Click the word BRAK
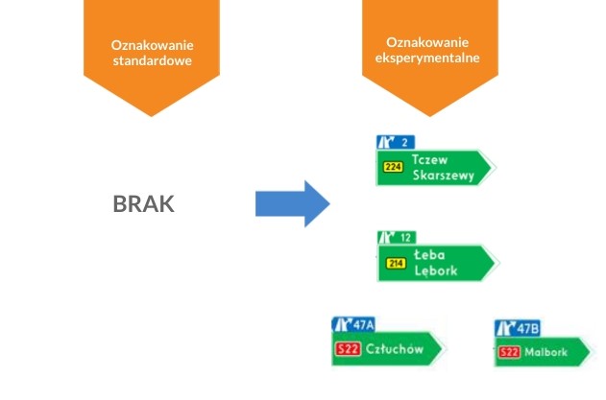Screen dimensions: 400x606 [x=144, y=204]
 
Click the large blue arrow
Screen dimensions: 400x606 [x=292, y=203]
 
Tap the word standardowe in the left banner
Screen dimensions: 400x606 [x=152, y=61]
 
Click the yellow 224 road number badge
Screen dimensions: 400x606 [x=393, y=167]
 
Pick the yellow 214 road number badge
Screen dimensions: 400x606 [x=395, y=263]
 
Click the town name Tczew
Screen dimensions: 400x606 [x=430, y=159]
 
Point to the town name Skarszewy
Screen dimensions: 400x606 [x=442, y=176]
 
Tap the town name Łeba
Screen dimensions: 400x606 [x=428, y=255]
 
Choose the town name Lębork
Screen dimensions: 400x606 [x=435, y=271]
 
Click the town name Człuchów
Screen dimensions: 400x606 [x=394, y=349]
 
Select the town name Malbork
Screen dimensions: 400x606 [x=545, y=353]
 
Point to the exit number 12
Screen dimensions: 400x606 [x=407, y=237]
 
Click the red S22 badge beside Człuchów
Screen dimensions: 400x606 [x=347, y=349]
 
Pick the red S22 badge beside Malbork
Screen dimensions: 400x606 [x=510, y=353]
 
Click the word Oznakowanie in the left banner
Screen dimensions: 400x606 [x=152, y=45]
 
